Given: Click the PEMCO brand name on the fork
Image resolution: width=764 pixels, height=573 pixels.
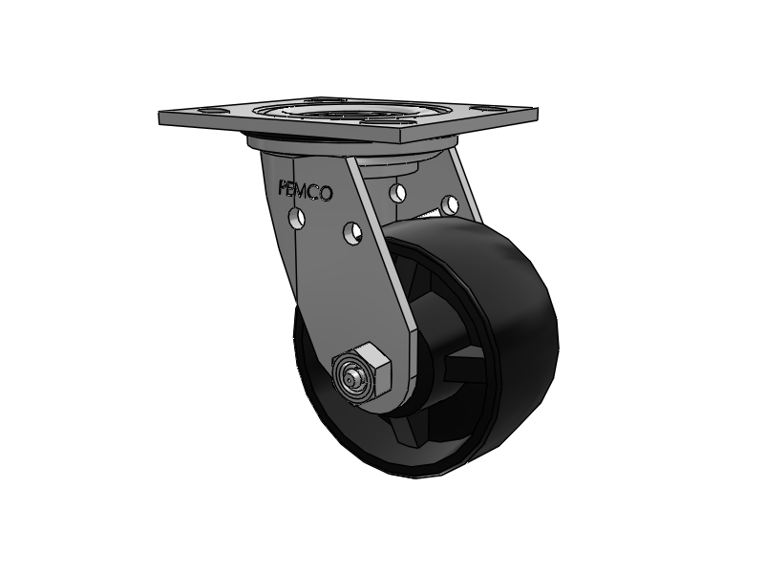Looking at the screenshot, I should pyautogui.click(x=305, y=190).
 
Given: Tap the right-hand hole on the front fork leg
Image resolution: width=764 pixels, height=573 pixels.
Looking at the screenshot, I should pyautogui.click(x=351, y=231).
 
